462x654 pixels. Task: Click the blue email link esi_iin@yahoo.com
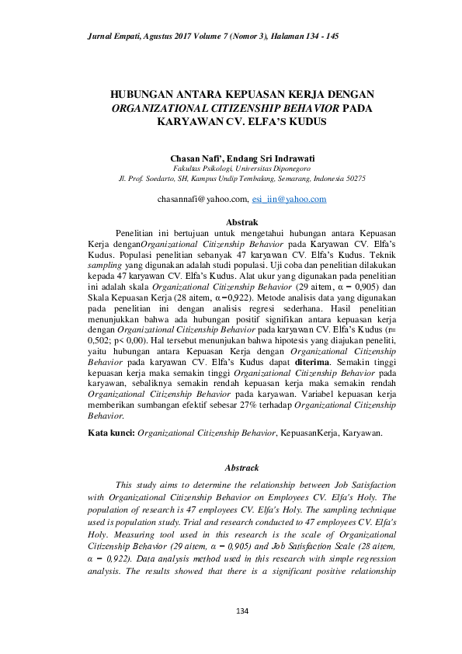tap(284, 200)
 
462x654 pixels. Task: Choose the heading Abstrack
tap(230, 468)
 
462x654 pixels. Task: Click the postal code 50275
tap(355, 178)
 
